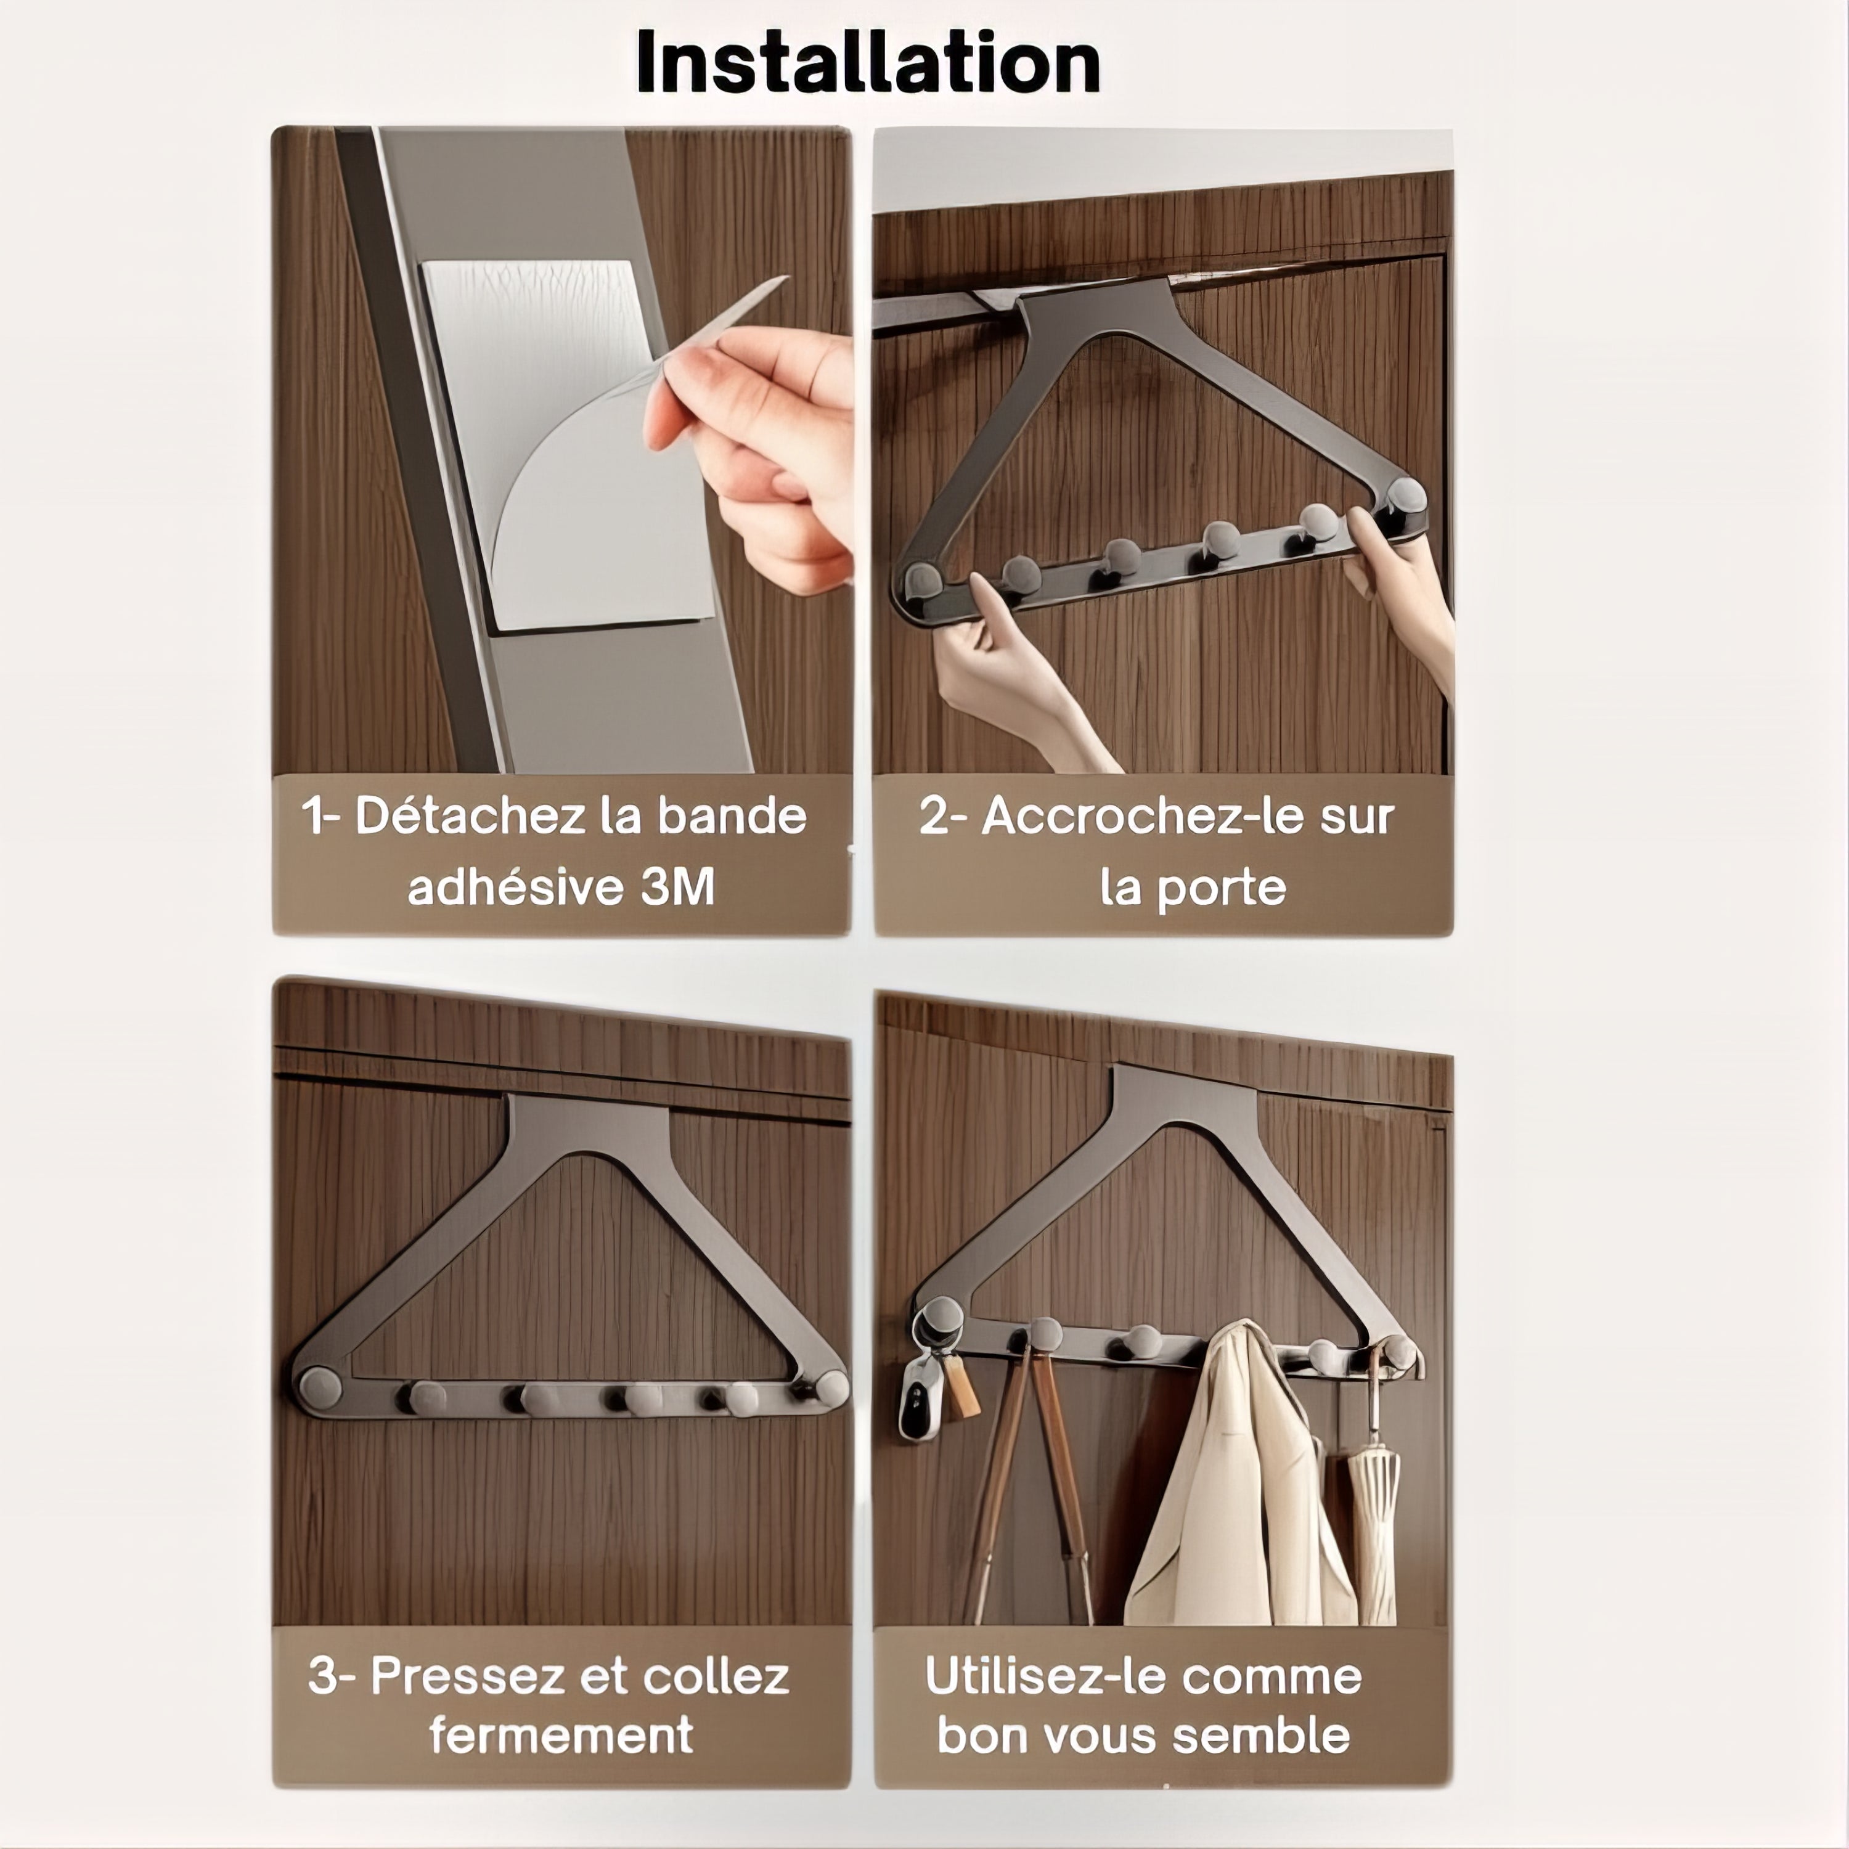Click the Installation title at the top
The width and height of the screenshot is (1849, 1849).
click(868, 62)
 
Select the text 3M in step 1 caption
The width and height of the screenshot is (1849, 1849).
click(677, 887)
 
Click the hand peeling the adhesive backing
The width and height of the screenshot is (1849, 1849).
click(756, 450)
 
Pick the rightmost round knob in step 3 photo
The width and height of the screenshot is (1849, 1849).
click(831, 1388)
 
